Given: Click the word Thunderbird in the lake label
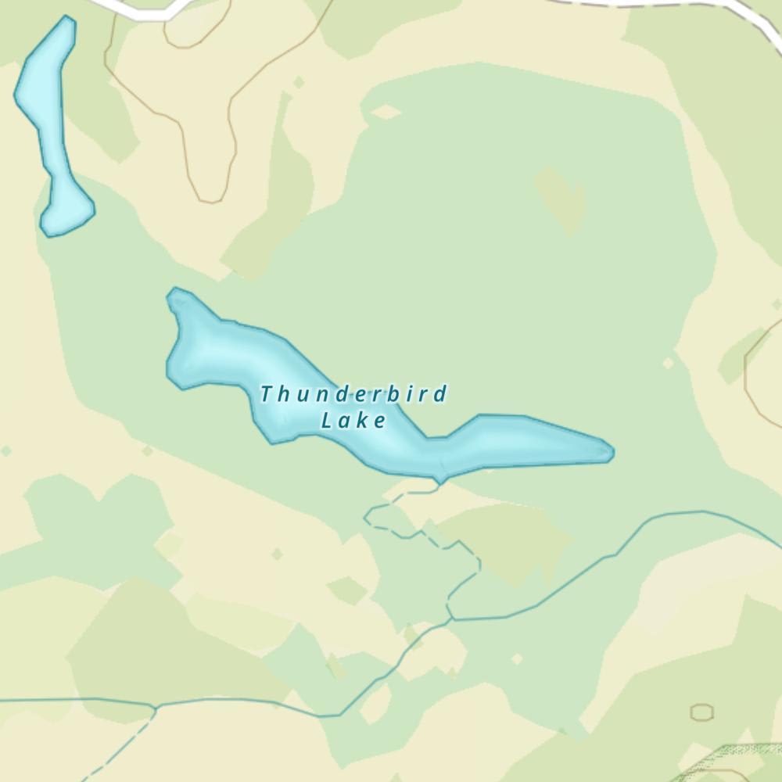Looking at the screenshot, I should pos(353,393).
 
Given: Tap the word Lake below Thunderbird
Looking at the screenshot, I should pos(353,421).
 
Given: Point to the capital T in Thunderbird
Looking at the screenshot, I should pos(267,393).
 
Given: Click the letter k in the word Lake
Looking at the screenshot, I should pos(362,421).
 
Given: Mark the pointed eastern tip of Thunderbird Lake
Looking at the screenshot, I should pos(612,451).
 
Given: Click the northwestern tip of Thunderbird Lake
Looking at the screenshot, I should pos(174,293).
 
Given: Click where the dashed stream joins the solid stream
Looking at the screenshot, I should pos(450,618).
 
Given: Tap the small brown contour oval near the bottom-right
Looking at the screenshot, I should pos(701,712).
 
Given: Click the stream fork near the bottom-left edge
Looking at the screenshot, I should pos(156,708).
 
